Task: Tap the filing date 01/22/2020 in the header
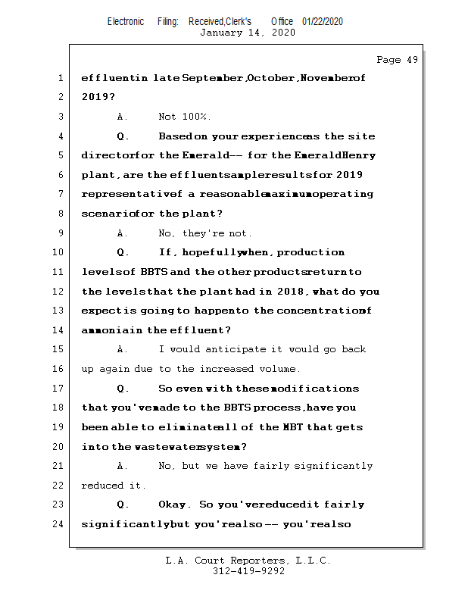322,21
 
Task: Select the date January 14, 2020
247,33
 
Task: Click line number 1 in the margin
60,78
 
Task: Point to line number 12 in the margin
58,291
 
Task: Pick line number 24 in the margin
58,523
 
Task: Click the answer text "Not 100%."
185,117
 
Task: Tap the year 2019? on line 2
98,97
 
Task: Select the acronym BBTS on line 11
154,272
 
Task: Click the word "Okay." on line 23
175,504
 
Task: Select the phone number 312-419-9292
248,571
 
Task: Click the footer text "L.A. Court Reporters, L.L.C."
248,561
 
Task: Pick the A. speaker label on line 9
123,233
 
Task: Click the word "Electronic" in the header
126,21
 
